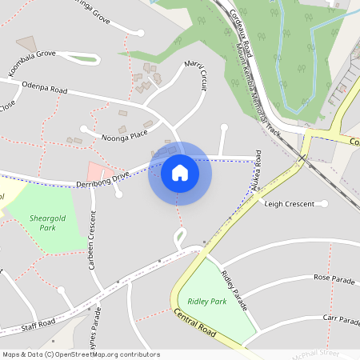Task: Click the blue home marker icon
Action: (179, 173)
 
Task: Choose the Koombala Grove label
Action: (33, 54)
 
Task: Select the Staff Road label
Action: (38, 323)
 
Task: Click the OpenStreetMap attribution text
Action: (82, 354)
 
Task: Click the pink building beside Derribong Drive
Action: (97, 170)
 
